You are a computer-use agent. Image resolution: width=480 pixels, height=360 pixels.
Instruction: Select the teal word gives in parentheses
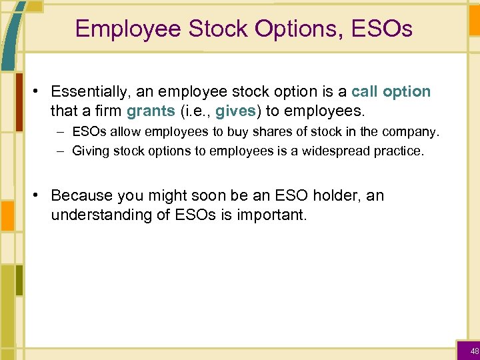(x=235, y=110)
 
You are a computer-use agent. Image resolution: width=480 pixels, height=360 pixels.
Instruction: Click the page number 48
(x=474, y=351)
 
